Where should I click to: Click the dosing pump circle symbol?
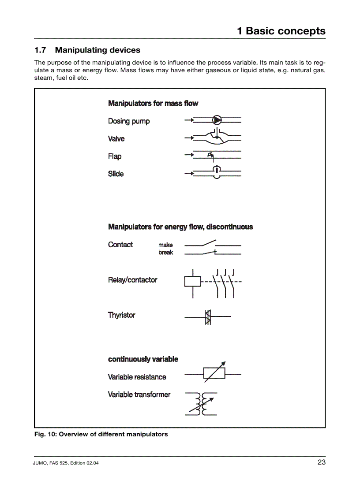coord(217,120)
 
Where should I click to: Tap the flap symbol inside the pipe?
coord(211,155)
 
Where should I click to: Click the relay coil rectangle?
coord(192,281)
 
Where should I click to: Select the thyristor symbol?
coord(208,316)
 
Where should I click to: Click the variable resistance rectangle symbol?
coord(214,373)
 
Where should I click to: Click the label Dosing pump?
coord(129,121)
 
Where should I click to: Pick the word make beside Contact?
coord(165,245)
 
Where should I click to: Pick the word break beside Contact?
coord(166,253)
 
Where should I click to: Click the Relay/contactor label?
coord(132,280)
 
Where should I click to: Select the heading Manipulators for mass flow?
coord(153,103)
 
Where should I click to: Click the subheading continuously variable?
coord(143,359)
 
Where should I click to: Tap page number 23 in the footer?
coord(321,462)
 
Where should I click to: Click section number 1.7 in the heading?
coord(41,50)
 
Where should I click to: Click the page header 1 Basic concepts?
coord(281,31)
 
